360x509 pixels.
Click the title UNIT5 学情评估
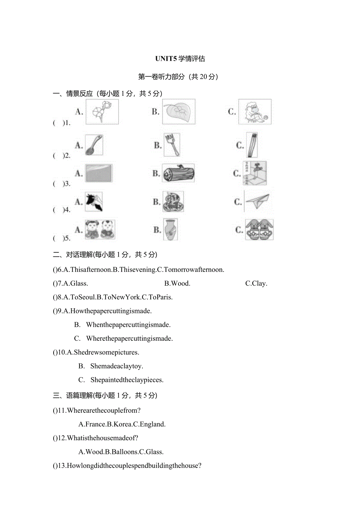pyautogui.click(x=180, y=59)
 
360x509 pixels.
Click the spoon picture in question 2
pyautogui.click(x=94, y=145)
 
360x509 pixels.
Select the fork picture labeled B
pyautogui.click(x=172, y=145)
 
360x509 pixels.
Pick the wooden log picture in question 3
pyautogui.click(x=178, y=173)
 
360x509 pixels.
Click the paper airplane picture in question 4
pyautogui.click(x=257, y=201)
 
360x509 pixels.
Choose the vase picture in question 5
pyautogui.click(x=171, y=229)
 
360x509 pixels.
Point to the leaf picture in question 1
pyautogui.click(x=178, y=112)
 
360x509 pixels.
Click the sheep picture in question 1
pyautogui.click(x=255, y=112)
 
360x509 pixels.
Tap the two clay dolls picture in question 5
pyautogui.click(x=100, y=229)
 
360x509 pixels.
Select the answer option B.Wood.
pyautogui.click(x=177, y=283)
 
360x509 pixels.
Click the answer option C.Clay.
pyautogui.click(x=256, y=283)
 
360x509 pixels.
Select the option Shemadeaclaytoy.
pyautogui.click(x=116, y=366)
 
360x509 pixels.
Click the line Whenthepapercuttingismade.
pyautogui.click(x=128, y=324)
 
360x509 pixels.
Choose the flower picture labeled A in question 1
pyautogui.click(x=102, y=112)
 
